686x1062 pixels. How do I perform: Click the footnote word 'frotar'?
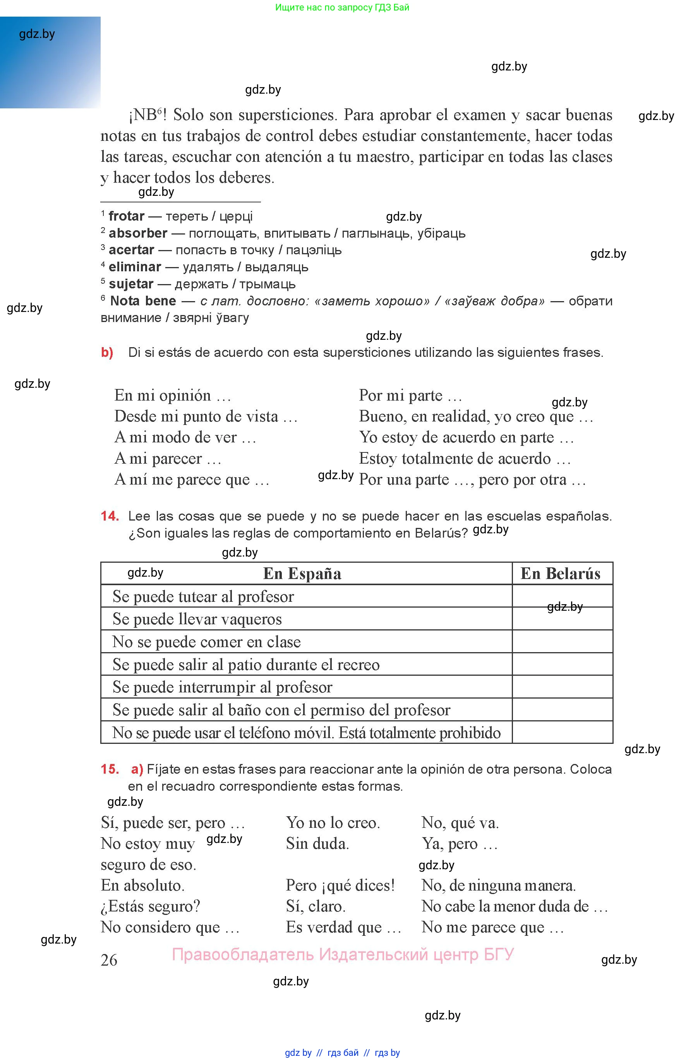(127, 216)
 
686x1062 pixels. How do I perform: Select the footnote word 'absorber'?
(138, 233)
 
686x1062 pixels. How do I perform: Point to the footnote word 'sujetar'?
(131, 284)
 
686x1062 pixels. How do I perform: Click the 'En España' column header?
(302, 574)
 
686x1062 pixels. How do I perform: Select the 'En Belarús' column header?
(561, 574)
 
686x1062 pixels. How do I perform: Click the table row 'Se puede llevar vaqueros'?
(197, 619)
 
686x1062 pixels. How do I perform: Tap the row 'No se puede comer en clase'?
(206, 642)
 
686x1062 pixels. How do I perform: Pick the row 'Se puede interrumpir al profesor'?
(222, 687)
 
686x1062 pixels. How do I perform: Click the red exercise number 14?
(110, 516)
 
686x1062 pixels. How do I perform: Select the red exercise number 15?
(110, 769)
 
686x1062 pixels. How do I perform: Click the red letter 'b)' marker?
(107, 353)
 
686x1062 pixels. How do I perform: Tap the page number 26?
(109, 960)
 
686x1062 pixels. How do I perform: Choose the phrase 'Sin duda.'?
(317, 843)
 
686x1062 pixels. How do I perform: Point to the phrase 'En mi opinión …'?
(172, 396)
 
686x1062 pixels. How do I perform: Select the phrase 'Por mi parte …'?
(410, 396)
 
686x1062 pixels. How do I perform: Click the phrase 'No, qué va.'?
(460, 822)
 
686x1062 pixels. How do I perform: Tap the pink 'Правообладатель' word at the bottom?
(243, 954)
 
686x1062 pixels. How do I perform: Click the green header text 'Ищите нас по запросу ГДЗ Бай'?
(342, 8)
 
